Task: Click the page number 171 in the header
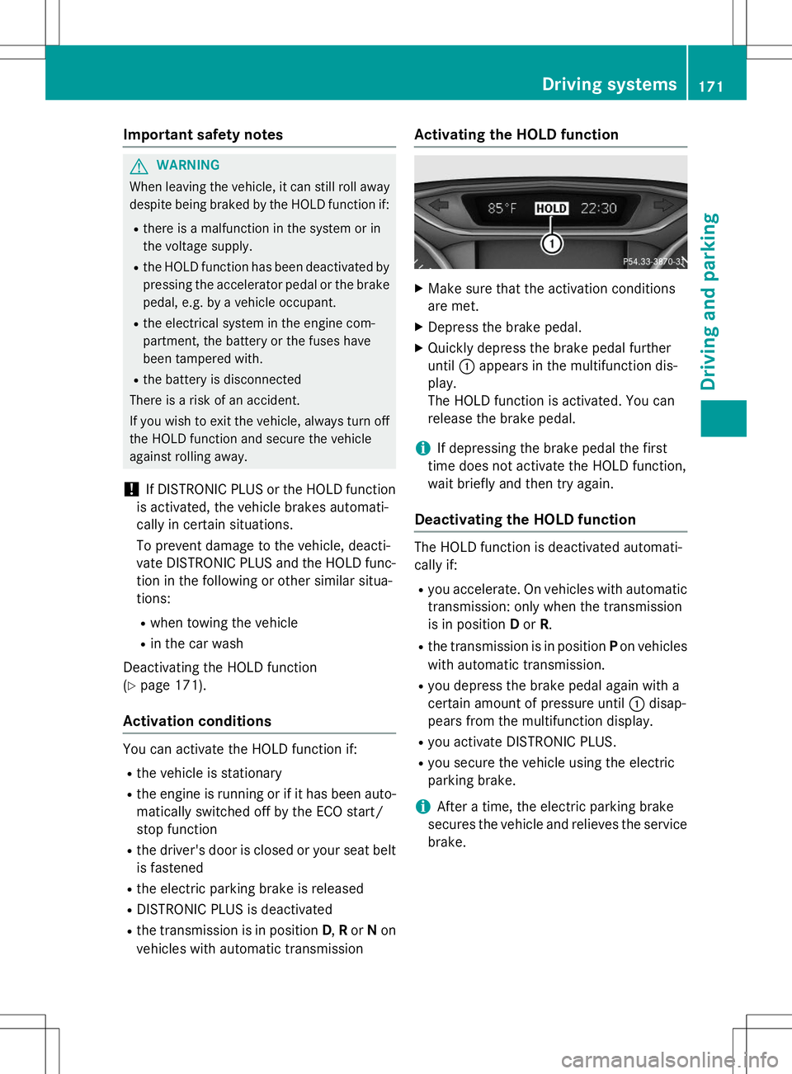pos(711,86)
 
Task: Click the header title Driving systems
pos(609,84)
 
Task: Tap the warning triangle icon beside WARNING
pos(139,166)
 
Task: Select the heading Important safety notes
pos(203,134)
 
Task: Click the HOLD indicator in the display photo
pos(551,209)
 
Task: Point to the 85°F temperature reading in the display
pos(502,209)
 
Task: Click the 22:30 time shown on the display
pos(598,209)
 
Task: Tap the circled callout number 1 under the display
pos(551,243)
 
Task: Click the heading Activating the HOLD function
pos(516,134)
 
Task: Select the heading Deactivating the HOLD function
pos(525,520)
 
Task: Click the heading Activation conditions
pos(197,721)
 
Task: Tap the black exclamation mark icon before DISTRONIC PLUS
pos(131,489)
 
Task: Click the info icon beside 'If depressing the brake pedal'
pos(422,448)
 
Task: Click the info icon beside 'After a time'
pos(422,807)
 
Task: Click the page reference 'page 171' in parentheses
pos(169,685)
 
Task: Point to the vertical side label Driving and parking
pos(709,301)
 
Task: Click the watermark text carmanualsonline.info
pos(669,1059)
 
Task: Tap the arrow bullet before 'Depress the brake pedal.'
pos(418,327)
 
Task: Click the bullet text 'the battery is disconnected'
pos(222,379)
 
